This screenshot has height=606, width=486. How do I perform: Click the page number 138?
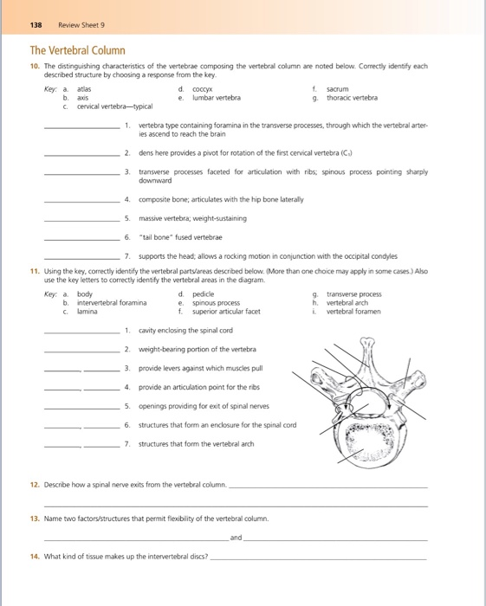pyautogui.click(x=37, y=24)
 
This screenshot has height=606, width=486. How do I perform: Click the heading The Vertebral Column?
pyautogui.click(x=78, y=51)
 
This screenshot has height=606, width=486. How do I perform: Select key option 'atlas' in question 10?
pyautogui.click(x=84, y=88)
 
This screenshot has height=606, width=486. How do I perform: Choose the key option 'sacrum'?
pyautogui.click(x=338, y=88)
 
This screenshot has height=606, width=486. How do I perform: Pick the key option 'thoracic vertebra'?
pyautogui.click(x=352, y=97)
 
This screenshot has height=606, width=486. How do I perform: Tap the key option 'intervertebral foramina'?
pyautogui.click(x=111, y=303)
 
